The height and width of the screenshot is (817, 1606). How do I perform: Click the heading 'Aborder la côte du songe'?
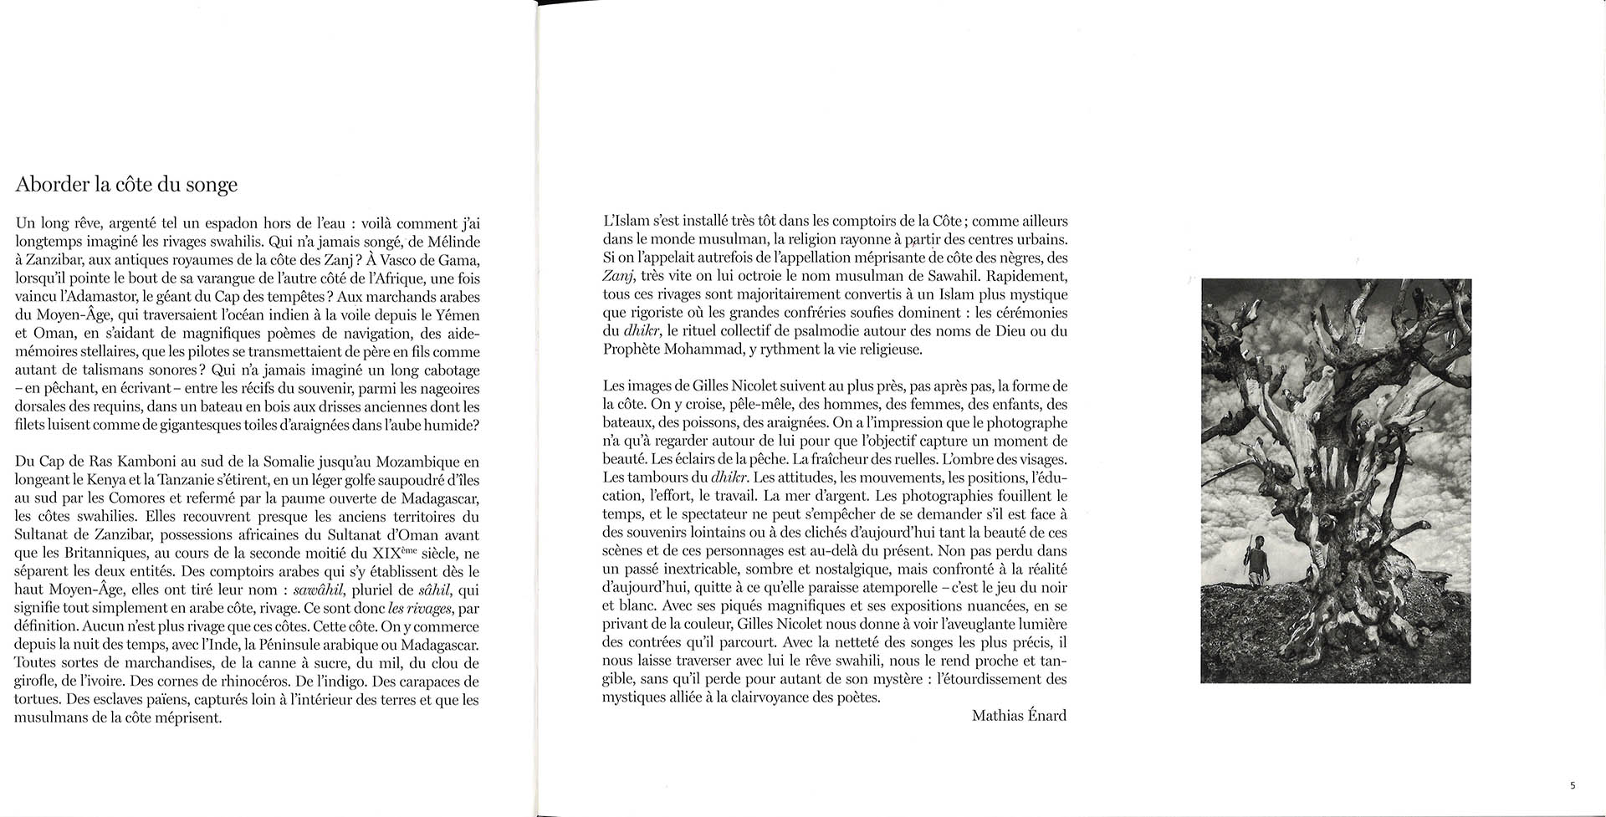click(126, 185)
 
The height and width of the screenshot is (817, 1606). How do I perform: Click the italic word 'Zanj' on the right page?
click(617, 277)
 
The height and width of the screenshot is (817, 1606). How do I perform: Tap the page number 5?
click(1573, 785)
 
